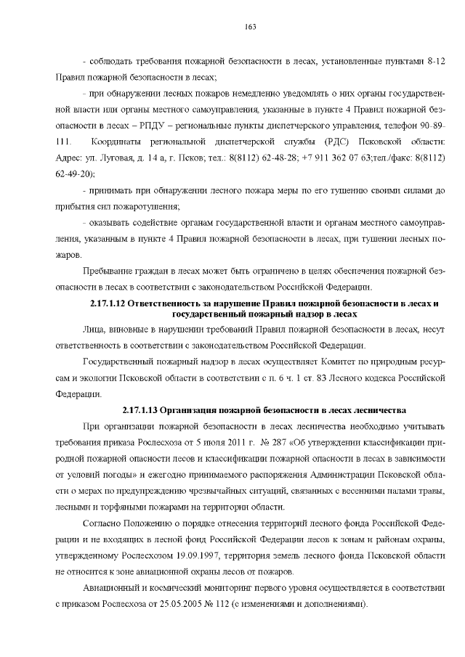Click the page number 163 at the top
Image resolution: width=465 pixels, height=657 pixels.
coord(250,27)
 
